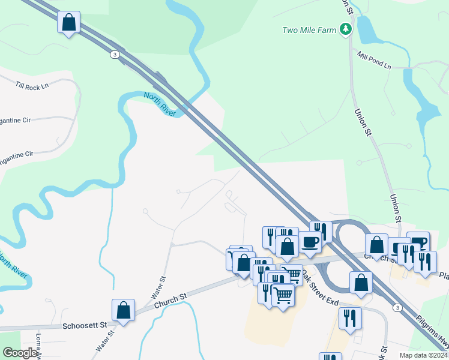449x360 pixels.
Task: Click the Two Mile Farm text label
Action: pos(309,29)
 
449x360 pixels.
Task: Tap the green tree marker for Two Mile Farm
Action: pos(345,28)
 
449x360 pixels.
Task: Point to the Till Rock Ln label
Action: pos(32,87)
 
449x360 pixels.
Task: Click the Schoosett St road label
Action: pos(84,326)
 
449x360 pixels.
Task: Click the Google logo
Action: pos(20,352)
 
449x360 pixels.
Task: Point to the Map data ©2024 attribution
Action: pos(420,355)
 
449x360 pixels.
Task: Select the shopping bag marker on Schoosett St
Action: pos(123,311)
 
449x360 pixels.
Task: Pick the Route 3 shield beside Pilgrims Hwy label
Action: pos(397,307)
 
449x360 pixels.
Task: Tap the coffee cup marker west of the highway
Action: pos(310,242)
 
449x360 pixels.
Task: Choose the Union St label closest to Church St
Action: pos(395,206)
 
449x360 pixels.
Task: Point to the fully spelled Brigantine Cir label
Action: pos(24,155)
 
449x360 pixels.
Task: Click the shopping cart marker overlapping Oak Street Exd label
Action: pos(292,274)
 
